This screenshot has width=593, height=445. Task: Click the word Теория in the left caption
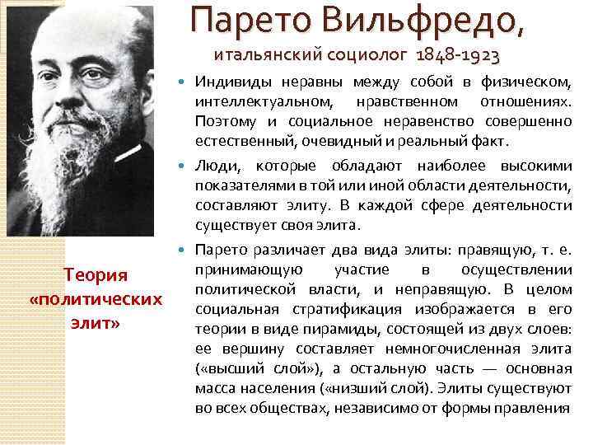(93, 274)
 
